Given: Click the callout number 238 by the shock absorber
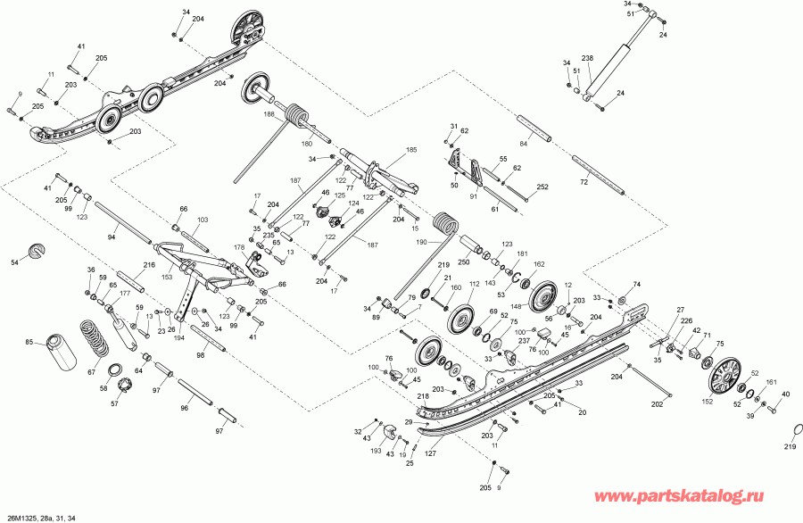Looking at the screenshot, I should coord(588,58).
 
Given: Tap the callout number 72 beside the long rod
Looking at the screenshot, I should coord(584,181).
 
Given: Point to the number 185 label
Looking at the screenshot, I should coord(411,150).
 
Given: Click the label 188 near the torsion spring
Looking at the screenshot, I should coord(269,114).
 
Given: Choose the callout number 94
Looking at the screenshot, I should coord(112,237).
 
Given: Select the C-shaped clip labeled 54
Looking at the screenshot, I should coord(37,251).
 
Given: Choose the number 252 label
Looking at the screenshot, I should coord(542,187).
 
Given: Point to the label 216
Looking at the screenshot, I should coord(149,265).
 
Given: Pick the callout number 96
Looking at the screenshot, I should coord(184,408).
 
